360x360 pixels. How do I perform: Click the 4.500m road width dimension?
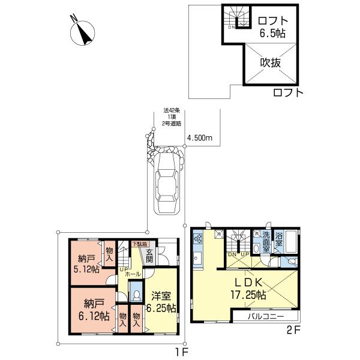tap(200, 138)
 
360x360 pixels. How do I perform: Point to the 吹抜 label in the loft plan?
tap(271, 62)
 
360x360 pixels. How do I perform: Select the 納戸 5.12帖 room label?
tap(86, 264)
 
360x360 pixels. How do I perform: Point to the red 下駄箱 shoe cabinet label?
tap(139, 244)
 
